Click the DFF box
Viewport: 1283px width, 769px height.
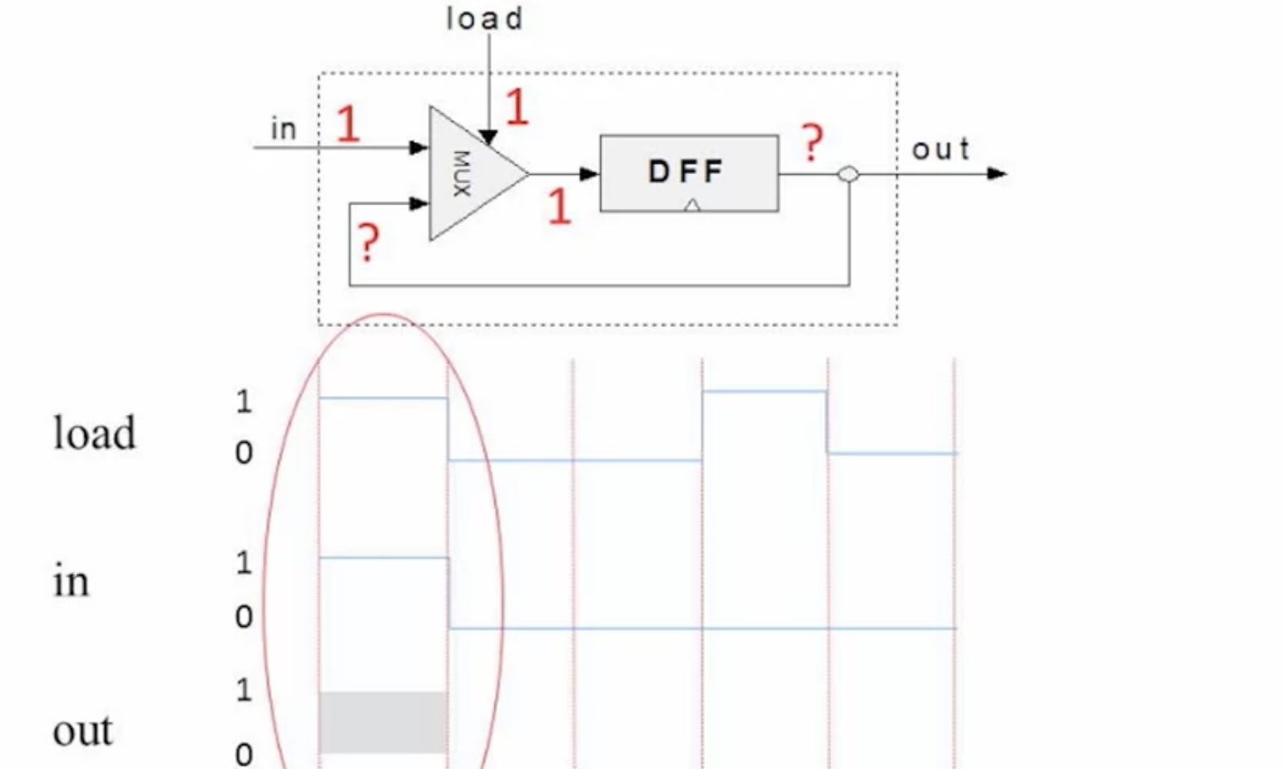pos(689,173)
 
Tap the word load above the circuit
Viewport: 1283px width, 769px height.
pos(484,19)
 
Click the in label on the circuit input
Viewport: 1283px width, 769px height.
pos(283,128)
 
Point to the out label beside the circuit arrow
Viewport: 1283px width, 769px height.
pos(941,150)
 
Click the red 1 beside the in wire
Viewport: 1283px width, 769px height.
pos(348,123)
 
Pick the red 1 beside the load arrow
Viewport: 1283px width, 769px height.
pos(516,106)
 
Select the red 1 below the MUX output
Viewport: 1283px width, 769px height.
pos(559,207)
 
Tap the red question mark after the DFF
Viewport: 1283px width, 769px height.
pos(812,143)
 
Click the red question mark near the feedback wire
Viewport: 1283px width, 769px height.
pos(369,243)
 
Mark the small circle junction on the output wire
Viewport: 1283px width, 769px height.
pos(849,174)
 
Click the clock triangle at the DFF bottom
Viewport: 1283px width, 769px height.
pos(692,205)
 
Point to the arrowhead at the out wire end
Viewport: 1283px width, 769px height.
pos(997,173)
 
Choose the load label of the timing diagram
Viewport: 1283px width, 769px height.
pos(95,433)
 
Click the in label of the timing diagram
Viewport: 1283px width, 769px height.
pos(71,581)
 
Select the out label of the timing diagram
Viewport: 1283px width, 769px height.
pos(83,731)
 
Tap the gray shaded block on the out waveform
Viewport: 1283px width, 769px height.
pos(383,723)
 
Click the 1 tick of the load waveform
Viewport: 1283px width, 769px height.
pos(244,401)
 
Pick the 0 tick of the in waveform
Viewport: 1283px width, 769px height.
pos(244,617)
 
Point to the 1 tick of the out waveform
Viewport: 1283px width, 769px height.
pos(244,690)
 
